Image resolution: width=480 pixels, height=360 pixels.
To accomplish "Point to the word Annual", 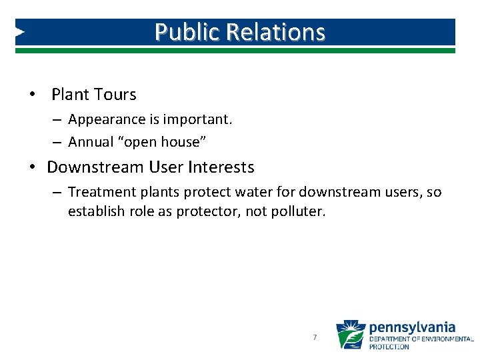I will click(x=91, y=142).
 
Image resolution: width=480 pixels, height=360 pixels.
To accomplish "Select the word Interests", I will click(x=221, y=167).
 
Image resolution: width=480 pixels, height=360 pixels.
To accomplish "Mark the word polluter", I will click(x=301, y=212).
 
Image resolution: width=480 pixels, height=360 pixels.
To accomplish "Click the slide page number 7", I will click(x=315, y=338).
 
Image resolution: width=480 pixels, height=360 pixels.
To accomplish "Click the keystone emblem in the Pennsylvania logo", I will click(x=350, y=335).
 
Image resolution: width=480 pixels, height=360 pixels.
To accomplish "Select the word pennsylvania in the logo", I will click(x=412, y=327).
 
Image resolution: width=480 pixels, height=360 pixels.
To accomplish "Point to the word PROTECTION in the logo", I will click(x=389, y=347).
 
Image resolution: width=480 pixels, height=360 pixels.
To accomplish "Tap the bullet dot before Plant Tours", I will click(x=32, y=95).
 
